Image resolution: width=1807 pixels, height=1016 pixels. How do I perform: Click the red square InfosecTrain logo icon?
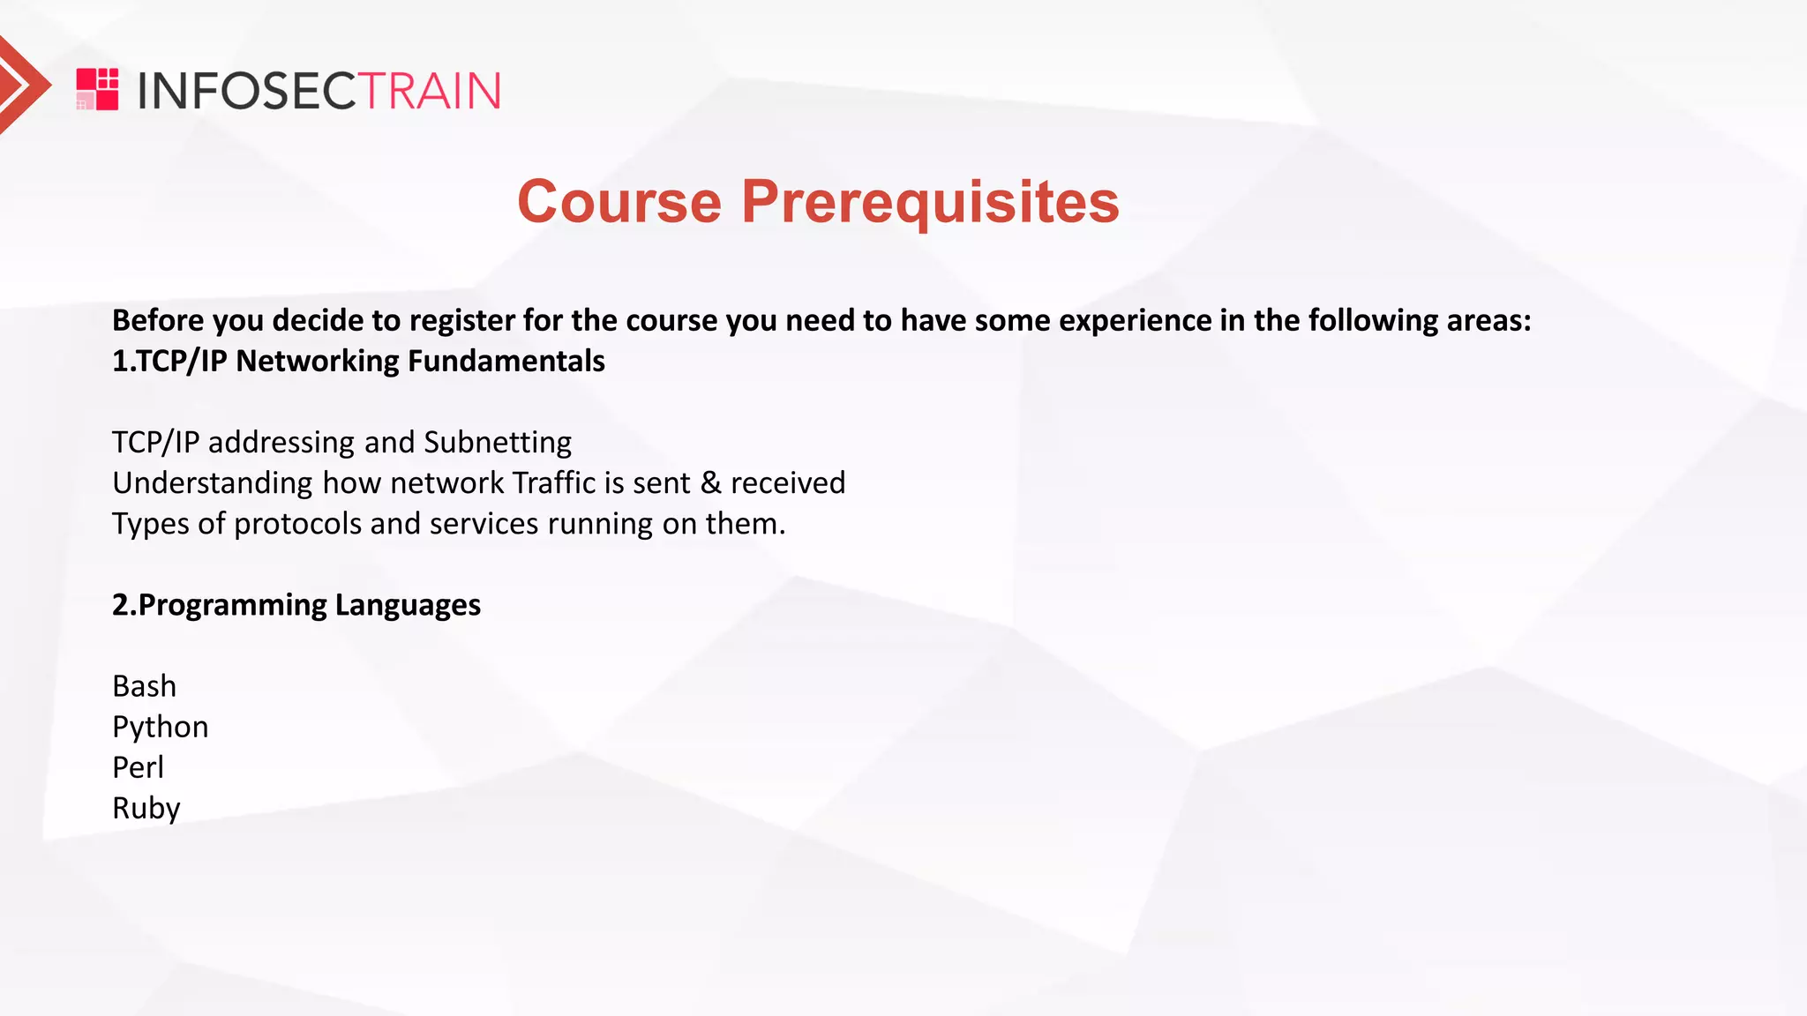(97, 89)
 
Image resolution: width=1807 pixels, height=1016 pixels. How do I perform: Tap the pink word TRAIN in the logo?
(431, 91)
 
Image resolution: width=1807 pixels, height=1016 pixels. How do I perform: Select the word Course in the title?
(619, 202)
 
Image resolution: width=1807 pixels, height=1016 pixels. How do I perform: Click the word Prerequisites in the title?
(930, 202)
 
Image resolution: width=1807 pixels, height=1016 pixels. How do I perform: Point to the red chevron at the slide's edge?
(21, 85)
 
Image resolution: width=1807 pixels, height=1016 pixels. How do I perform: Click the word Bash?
(144, 686)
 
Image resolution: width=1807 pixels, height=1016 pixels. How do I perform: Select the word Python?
(160, 728)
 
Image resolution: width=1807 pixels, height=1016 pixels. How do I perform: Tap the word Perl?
(138, 767)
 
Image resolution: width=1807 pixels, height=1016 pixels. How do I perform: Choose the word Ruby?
(146, 809)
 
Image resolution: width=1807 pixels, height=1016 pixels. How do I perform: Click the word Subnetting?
(498, 442)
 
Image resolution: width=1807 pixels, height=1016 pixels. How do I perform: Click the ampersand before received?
(710, 483)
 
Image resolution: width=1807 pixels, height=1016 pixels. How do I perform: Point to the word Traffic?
(553, 483)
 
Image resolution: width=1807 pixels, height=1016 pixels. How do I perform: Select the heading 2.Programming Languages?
(296, 605)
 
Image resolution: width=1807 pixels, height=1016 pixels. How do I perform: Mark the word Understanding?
(212, 483)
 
